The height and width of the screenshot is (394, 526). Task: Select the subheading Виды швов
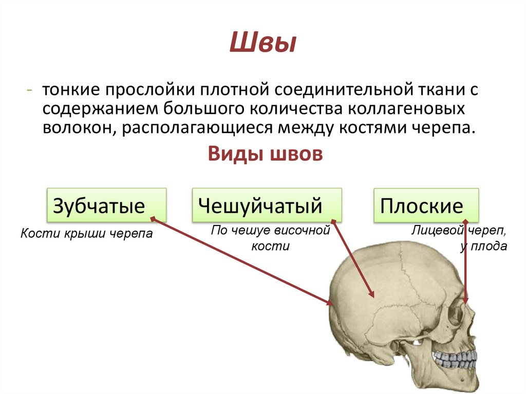[265, 154]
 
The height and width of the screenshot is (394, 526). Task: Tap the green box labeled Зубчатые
[106, 205]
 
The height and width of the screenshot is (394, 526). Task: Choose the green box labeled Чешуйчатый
[267, 205]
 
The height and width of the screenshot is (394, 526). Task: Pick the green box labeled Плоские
[426, 205]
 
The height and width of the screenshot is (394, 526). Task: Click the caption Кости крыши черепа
[87, 234]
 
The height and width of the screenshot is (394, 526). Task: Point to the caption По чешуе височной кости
[270, 238]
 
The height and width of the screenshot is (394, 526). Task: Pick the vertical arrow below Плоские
[465, 262]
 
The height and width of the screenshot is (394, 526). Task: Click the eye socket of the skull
[455, 316]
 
